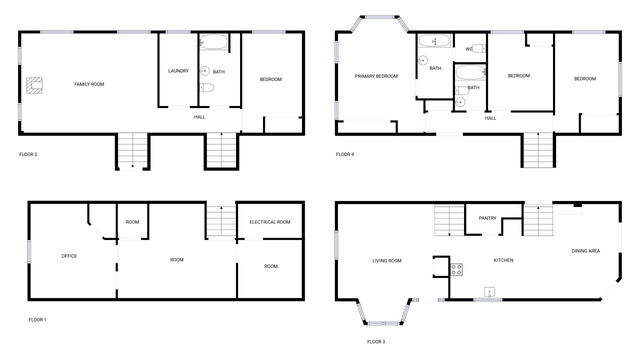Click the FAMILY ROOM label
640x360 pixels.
point(89,84)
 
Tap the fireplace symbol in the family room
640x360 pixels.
point(34,86)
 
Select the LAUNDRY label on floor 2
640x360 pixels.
point(178,71)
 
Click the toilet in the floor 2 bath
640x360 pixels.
point(207,88)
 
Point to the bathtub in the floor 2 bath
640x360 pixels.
point(213,42)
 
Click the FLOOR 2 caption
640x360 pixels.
point(28,154)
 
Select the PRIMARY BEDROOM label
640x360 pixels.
point(376,76)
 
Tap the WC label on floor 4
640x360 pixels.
point(469,49)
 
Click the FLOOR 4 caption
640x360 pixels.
point(345,154)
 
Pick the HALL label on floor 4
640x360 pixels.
point(490,118)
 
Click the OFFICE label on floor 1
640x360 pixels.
point(69,256)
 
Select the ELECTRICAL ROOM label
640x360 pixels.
point(270,222)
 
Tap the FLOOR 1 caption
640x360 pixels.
point(37,320)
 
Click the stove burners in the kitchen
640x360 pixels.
point(456,269)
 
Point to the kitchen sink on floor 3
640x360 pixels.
point(490,292)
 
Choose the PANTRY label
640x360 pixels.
point(487,218)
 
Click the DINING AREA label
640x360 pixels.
point(586,251)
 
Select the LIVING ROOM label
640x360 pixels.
point(387,261)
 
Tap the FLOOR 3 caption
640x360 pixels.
point(376,342)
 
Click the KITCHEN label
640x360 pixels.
point(503,260)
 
